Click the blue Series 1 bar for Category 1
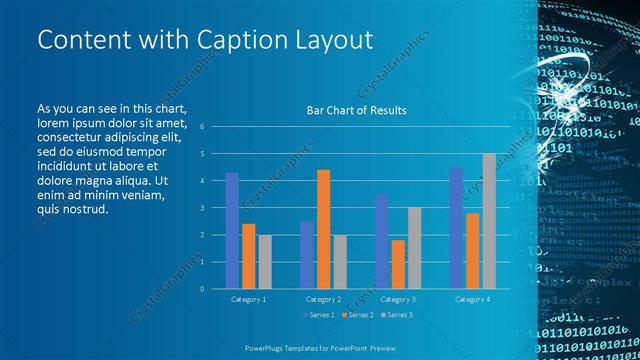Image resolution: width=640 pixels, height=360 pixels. click(232, 231)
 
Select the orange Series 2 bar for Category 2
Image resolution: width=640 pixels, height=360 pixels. click(323, 229)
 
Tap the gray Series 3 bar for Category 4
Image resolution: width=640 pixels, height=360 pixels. click(488, 221)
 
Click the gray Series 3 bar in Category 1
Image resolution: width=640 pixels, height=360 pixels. click(264, 262)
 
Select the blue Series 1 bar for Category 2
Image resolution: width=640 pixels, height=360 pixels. click(306, 255)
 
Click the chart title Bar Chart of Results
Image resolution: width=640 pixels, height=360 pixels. click(356, 110)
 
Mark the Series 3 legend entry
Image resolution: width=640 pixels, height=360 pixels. click(396, 316)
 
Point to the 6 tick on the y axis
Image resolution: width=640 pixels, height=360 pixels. click(202, 127)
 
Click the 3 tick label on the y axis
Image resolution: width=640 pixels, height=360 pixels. click(202, 208)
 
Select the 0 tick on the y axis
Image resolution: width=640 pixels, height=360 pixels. click(202, 289)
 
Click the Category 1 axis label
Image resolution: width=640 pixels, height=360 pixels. click(248, 299)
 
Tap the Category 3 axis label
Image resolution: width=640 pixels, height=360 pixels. click(397, 299)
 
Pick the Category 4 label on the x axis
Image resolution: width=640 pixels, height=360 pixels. click(472, 299)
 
